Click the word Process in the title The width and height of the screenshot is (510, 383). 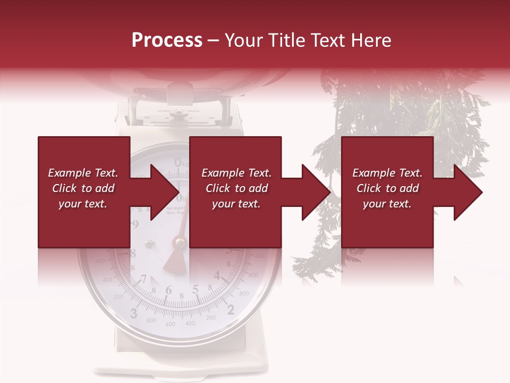click(167, 40)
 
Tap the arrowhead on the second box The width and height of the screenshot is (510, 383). click(312, 192)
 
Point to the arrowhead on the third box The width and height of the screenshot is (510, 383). click(464, 192)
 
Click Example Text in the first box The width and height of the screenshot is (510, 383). click(83, 173)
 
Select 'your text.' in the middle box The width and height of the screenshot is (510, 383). click(236, 204)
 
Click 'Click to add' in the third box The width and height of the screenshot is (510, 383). click(387, 188)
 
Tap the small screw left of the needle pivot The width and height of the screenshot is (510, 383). click(149, 244)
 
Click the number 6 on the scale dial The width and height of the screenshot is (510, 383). click(169, 290)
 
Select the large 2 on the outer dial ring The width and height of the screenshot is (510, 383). click(231, 310)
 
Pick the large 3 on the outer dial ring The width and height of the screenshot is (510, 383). click(134, 312)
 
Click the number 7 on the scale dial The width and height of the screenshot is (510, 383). click(144, 279)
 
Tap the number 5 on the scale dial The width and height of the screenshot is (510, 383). click(195, 289)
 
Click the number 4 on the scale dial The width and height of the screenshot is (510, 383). click(217, 276)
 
